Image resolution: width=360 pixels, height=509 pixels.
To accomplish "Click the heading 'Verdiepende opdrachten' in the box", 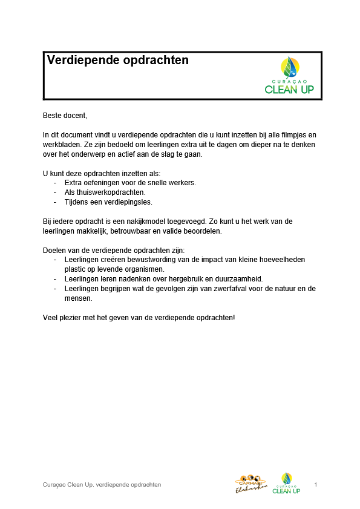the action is coord(118,61).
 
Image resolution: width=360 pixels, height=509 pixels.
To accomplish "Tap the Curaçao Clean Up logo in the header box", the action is coord(289,76).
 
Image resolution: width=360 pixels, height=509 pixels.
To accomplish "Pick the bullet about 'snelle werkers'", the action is coord(130,182).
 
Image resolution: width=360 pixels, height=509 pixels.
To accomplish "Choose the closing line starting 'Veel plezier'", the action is coord(139,317).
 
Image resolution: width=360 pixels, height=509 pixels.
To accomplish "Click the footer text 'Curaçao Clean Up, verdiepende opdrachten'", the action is coord(102,485).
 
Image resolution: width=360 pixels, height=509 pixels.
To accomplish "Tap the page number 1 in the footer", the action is coord(316,485).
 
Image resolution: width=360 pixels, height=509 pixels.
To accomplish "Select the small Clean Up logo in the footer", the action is coord(286,483).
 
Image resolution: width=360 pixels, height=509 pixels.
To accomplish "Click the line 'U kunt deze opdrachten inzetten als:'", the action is coord(101,172).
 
